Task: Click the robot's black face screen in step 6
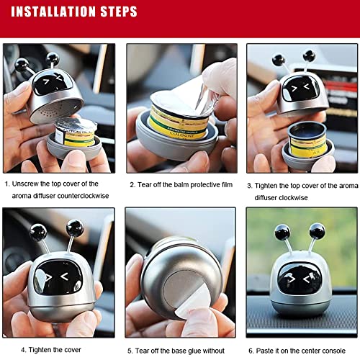[300, 278]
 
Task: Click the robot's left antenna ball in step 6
[282, 233]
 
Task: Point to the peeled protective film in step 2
[194, 86]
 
